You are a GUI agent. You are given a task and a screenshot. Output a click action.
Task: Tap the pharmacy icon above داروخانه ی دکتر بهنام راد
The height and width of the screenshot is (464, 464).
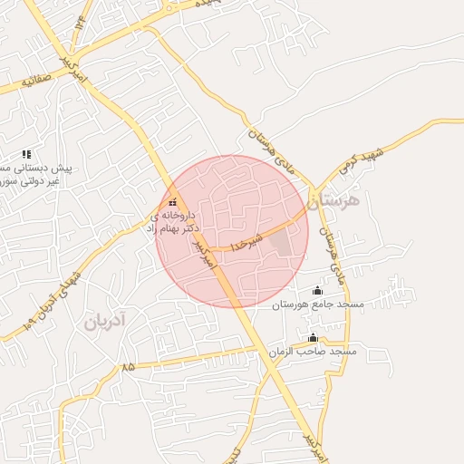(173, 201)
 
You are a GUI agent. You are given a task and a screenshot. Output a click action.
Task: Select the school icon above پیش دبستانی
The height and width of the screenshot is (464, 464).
(26, 154)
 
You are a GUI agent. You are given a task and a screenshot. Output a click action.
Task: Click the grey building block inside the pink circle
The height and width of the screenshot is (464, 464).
(284, 243)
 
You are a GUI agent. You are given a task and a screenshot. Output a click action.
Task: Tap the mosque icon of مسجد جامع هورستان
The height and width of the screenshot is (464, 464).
(316, 290)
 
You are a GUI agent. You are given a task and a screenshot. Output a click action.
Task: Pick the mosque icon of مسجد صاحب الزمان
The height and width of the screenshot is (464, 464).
(313, 338)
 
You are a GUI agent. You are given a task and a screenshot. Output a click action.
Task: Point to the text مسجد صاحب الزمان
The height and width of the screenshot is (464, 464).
(312, 351)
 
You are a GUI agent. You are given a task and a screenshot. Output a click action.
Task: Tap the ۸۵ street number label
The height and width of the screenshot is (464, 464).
(127, 367)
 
